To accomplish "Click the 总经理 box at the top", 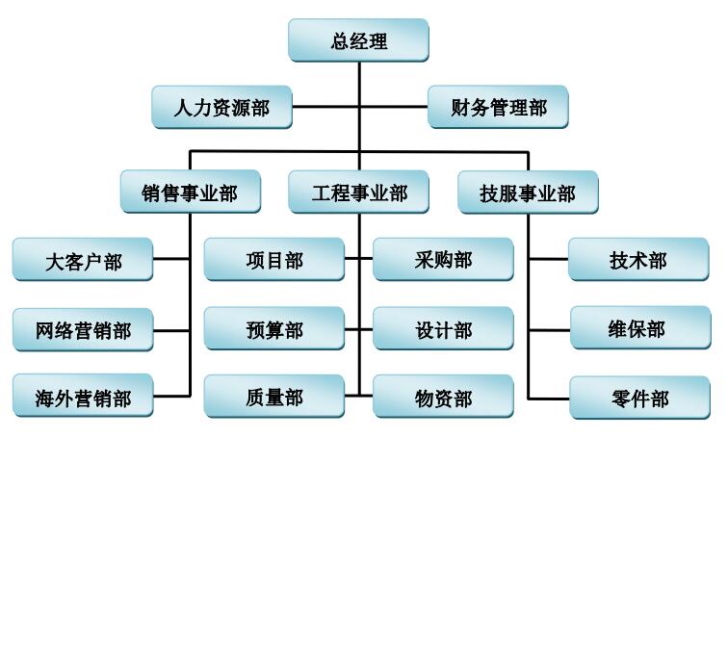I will (x=358, y=41).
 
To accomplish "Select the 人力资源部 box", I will (x=221, y=107).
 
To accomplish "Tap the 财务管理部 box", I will (x=498, y=107).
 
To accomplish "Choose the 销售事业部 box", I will (x=190, y=193).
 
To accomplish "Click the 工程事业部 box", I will (x=359, y=193).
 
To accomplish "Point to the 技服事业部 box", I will (x=528, y=193).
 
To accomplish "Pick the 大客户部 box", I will (x=83, y=260).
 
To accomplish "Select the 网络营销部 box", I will (x=83, y=330).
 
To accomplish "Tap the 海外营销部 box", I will (x=83, y=397).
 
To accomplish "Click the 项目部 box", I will (x=274, y=260).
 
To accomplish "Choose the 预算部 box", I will (x=274, y=330).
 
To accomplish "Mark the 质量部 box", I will (x=274, y=397).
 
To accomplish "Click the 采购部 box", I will (x=443, y=260).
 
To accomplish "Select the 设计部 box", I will (x=443, y=330).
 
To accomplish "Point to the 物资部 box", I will (x=443, y=397).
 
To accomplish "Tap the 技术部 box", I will (x=638, y=260).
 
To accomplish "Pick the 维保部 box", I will (x=638, y=328).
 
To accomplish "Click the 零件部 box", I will (x=639, y=398).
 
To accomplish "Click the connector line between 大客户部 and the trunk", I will (x=171, y=259).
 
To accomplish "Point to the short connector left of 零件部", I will (x=549, y=398).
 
